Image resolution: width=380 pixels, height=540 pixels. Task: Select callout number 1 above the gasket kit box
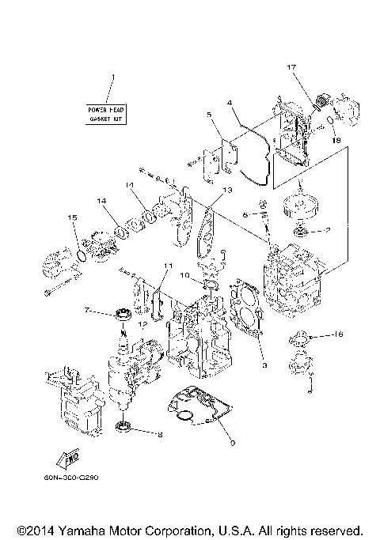[112, 77]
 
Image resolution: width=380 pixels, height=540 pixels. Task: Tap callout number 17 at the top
[291, 67]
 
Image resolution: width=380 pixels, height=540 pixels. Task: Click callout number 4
[229, 102]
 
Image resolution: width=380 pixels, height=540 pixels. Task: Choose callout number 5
[209, 115]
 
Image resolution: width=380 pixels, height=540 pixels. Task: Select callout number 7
[87, 312]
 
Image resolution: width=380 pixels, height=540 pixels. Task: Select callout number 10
[183, 276]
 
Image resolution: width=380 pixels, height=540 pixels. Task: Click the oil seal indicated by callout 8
[124, 428]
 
